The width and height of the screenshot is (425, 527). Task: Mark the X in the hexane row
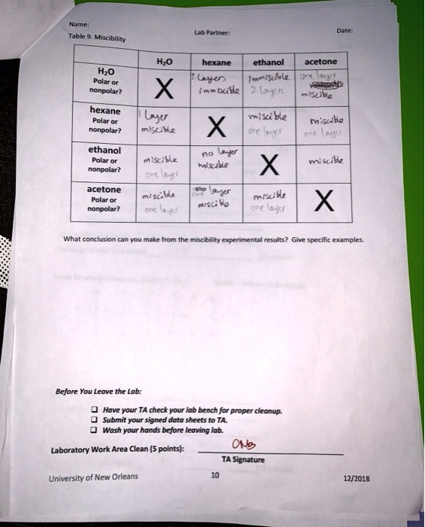point(216,123)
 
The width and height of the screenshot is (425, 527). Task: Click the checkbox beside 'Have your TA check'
point(94,411)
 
